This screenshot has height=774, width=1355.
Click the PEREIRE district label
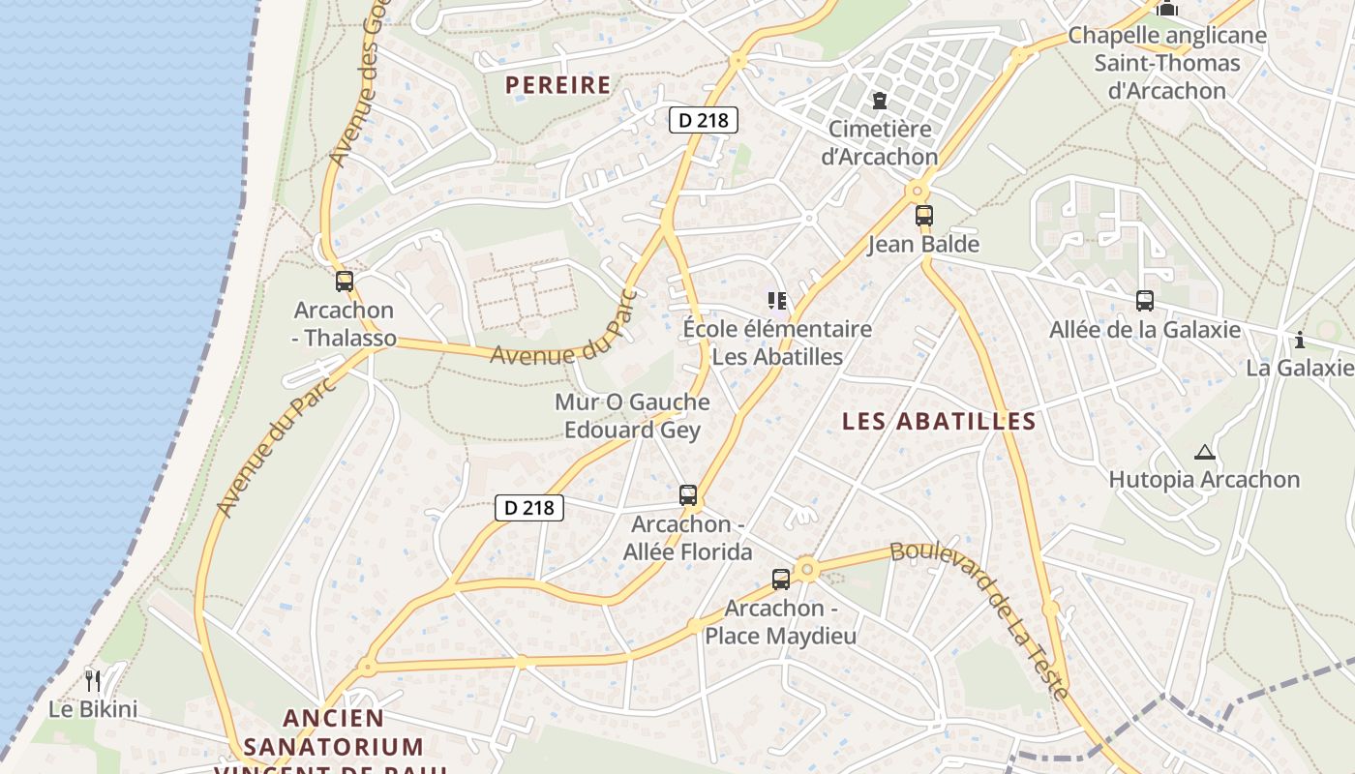tap(558, 85)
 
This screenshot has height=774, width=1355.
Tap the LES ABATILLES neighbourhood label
tap(939, 422)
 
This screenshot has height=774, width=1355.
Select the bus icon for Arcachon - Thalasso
tap(345, 282)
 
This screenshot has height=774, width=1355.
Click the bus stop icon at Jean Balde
tap(924, 216)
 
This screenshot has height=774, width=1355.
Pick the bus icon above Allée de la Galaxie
tap(1145, 301)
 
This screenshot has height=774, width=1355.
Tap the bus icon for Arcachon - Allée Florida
tap(688, 495)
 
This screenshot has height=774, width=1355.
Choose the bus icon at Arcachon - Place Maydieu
tap(781, 580)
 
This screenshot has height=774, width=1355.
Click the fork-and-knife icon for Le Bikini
tap(93, 680)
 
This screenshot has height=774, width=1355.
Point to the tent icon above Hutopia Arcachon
tap(1204, 452)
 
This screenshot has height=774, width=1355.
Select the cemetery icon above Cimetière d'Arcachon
tap(880, 100)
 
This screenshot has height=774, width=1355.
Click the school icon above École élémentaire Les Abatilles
tap(776, 301)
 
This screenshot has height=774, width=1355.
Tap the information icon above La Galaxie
tap(1299, 340)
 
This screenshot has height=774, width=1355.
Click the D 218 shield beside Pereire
tap(704, 120)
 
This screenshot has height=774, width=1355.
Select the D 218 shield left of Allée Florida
tap(529, 507)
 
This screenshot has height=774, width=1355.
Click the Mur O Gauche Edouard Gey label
tap(632, 416)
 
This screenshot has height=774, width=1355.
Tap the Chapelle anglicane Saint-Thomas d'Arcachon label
tap(1166, 63)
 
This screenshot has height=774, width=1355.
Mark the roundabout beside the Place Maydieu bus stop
tap(807, 570)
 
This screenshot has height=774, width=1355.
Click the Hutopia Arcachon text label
tap(1203, 480)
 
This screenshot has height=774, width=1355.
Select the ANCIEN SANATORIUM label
tap(334, 732)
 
